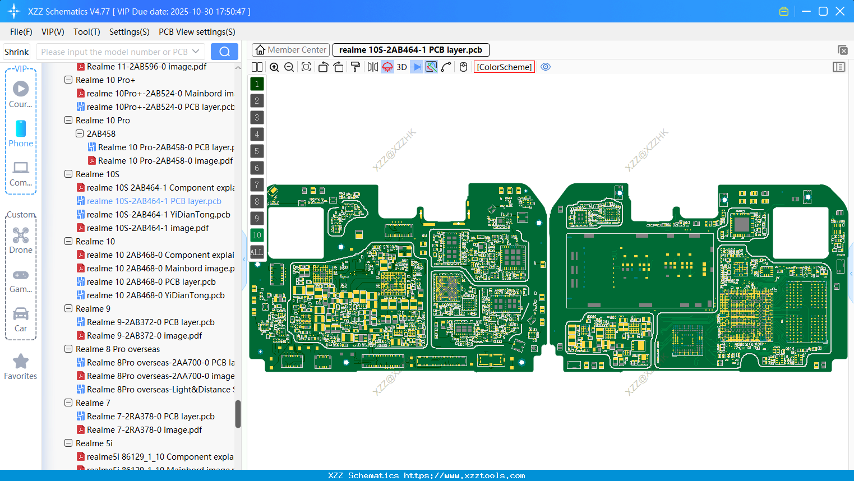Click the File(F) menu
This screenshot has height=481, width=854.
tap(21, 32)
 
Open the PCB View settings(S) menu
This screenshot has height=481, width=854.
tap(197, 32)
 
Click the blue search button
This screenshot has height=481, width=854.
tap(224, 52)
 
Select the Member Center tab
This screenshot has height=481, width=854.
tap(291, 50)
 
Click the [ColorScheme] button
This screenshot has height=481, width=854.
tap(504, 67)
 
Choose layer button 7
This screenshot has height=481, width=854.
tap(257, 185)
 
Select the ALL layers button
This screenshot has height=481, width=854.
tap(257, 252)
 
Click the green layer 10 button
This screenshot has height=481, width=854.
tap(257, 235)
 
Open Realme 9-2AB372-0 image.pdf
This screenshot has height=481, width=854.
tap(144, 336)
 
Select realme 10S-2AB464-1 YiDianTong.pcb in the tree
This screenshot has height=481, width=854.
tap(158, 215)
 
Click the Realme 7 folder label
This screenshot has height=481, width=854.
tap(93, 403)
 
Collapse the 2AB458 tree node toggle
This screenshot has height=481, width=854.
tap(80, 134)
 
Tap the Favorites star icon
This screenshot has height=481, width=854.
tap(21, 362)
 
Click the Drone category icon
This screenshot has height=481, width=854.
tap(21, 235)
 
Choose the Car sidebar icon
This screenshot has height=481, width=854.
tap(21, 314)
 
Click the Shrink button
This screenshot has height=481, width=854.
tap(16, 52)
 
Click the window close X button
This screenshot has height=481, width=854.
tap(840, 11)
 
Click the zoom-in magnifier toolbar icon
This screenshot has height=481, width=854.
tap(274, 67)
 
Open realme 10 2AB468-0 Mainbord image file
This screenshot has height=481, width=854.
tap(160, 269)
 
